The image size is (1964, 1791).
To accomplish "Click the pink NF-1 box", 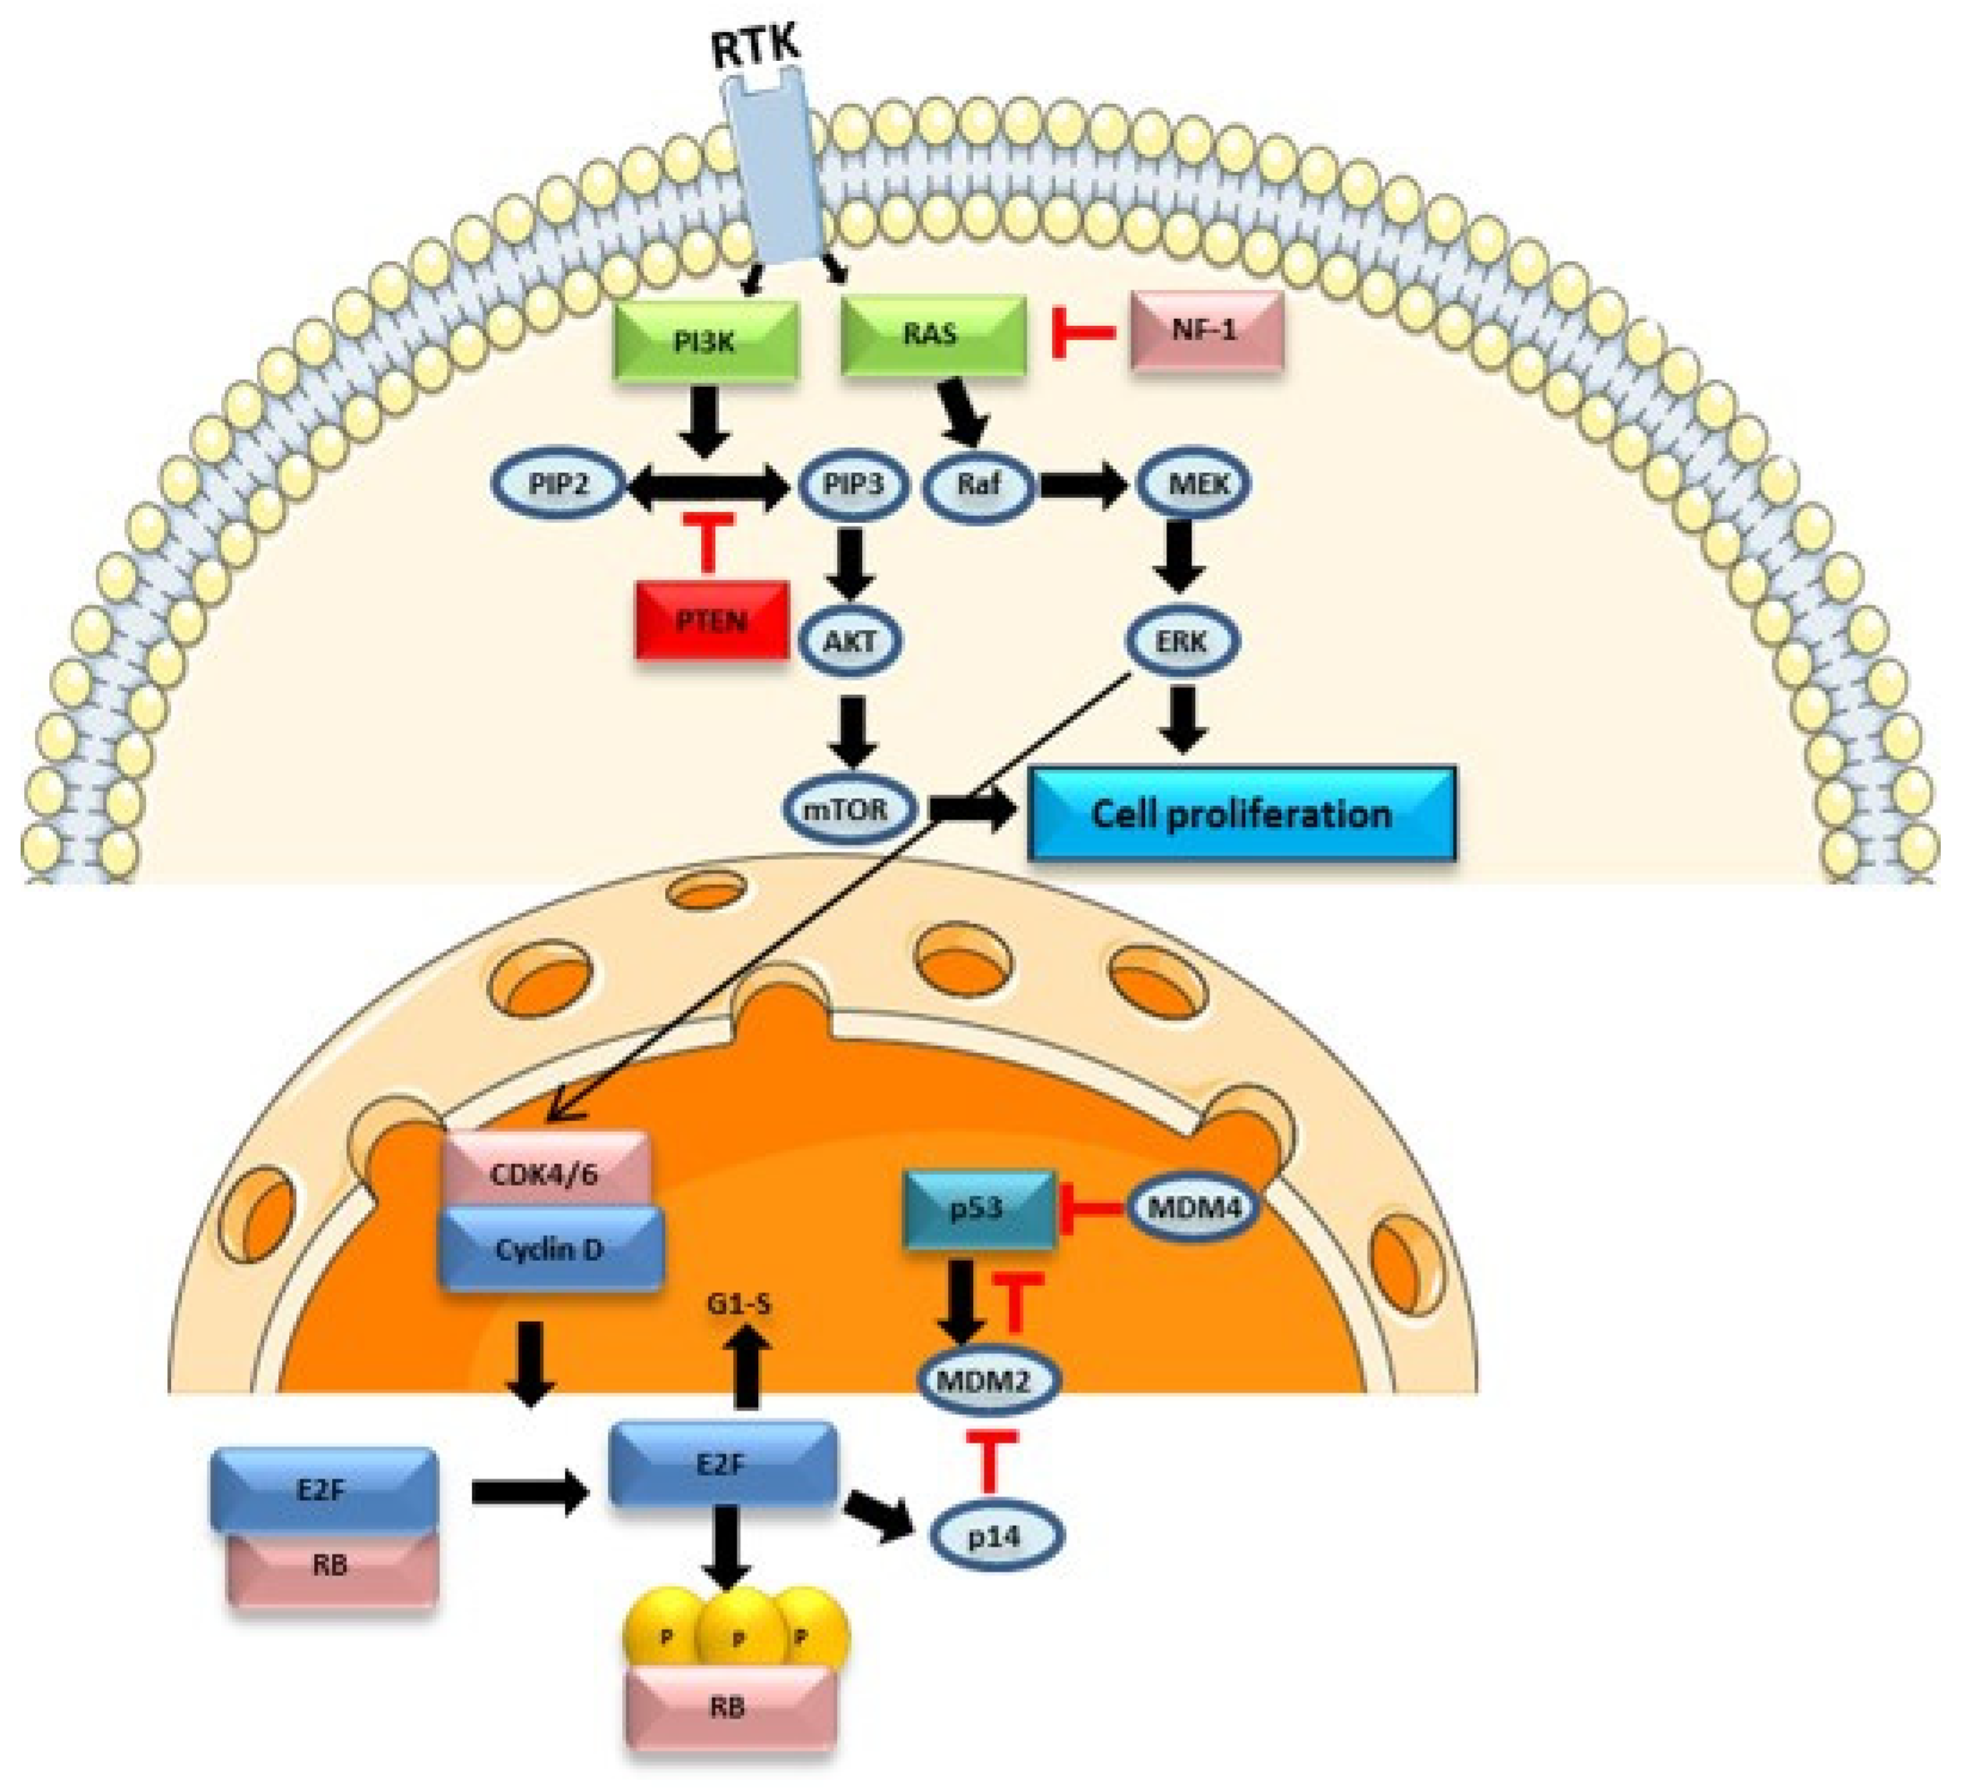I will pos(1206,331).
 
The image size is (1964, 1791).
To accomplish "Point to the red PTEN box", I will pos(711,621).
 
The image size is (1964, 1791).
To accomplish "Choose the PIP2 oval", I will pos(559,484).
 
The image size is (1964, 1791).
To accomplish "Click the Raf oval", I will pos(978,484).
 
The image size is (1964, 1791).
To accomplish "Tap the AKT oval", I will pos(850,641).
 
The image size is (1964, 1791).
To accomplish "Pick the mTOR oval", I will pos(850,809).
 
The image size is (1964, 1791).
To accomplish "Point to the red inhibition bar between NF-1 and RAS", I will pos(1081,333).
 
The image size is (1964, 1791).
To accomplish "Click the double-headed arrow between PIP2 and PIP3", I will pos(708,484).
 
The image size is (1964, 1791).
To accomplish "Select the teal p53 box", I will pos(979,1208).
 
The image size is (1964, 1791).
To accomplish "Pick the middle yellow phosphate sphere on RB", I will pos(739,1639).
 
